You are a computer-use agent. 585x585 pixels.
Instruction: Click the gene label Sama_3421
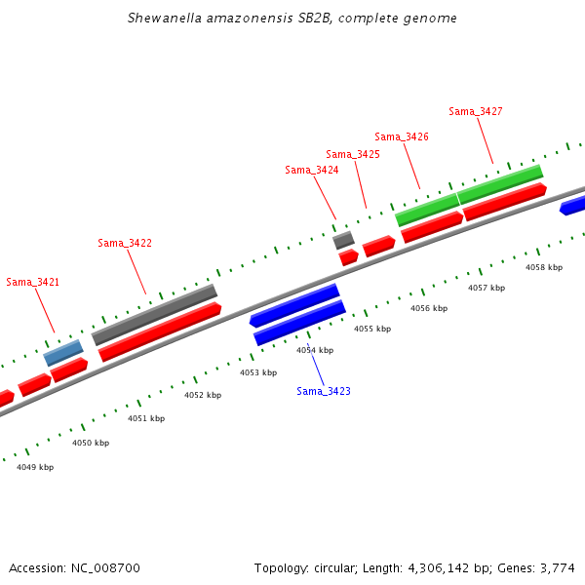(x=33, y=282)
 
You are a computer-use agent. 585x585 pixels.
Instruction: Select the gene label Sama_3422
(x=125, y=243)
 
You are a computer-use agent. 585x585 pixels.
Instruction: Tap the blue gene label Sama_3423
(x=324, y=391)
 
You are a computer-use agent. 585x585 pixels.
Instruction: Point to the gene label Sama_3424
(x=312, y=170)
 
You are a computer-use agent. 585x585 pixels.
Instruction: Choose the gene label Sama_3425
(x=353, y=154)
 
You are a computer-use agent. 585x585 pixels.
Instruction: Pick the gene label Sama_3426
(x=402, y=136)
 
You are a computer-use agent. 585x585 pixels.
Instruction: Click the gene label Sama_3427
(x=476, y=111)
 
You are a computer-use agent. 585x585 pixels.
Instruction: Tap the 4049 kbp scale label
(x=35, y=467)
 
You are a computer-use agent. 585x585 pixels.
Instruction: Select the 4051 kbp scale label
(x=146, y=418)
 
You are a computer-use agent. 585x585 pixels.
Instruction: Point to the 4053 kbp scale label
(x=258, y=372)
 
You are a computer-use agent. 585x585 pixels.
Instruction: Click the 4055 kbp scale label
(x=371, y=329)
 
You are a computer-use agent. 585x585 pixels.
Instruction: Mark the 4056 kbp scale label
(x=428, y=308)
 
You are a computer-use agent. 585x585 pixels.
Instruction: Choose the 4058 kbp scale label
(x=544, y=266)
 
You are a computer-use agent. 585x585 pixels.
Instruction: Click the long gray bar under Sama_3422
(x=154, y=314)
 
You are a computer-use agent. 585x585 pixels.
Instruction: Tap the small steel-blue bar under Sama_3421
(x=63, y=352)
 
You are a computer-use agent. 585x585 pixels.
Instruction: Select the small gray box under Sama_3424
(x=343, y=240)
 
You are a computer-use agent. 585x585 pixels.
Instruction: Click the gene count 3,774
(x=559, y=567)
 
